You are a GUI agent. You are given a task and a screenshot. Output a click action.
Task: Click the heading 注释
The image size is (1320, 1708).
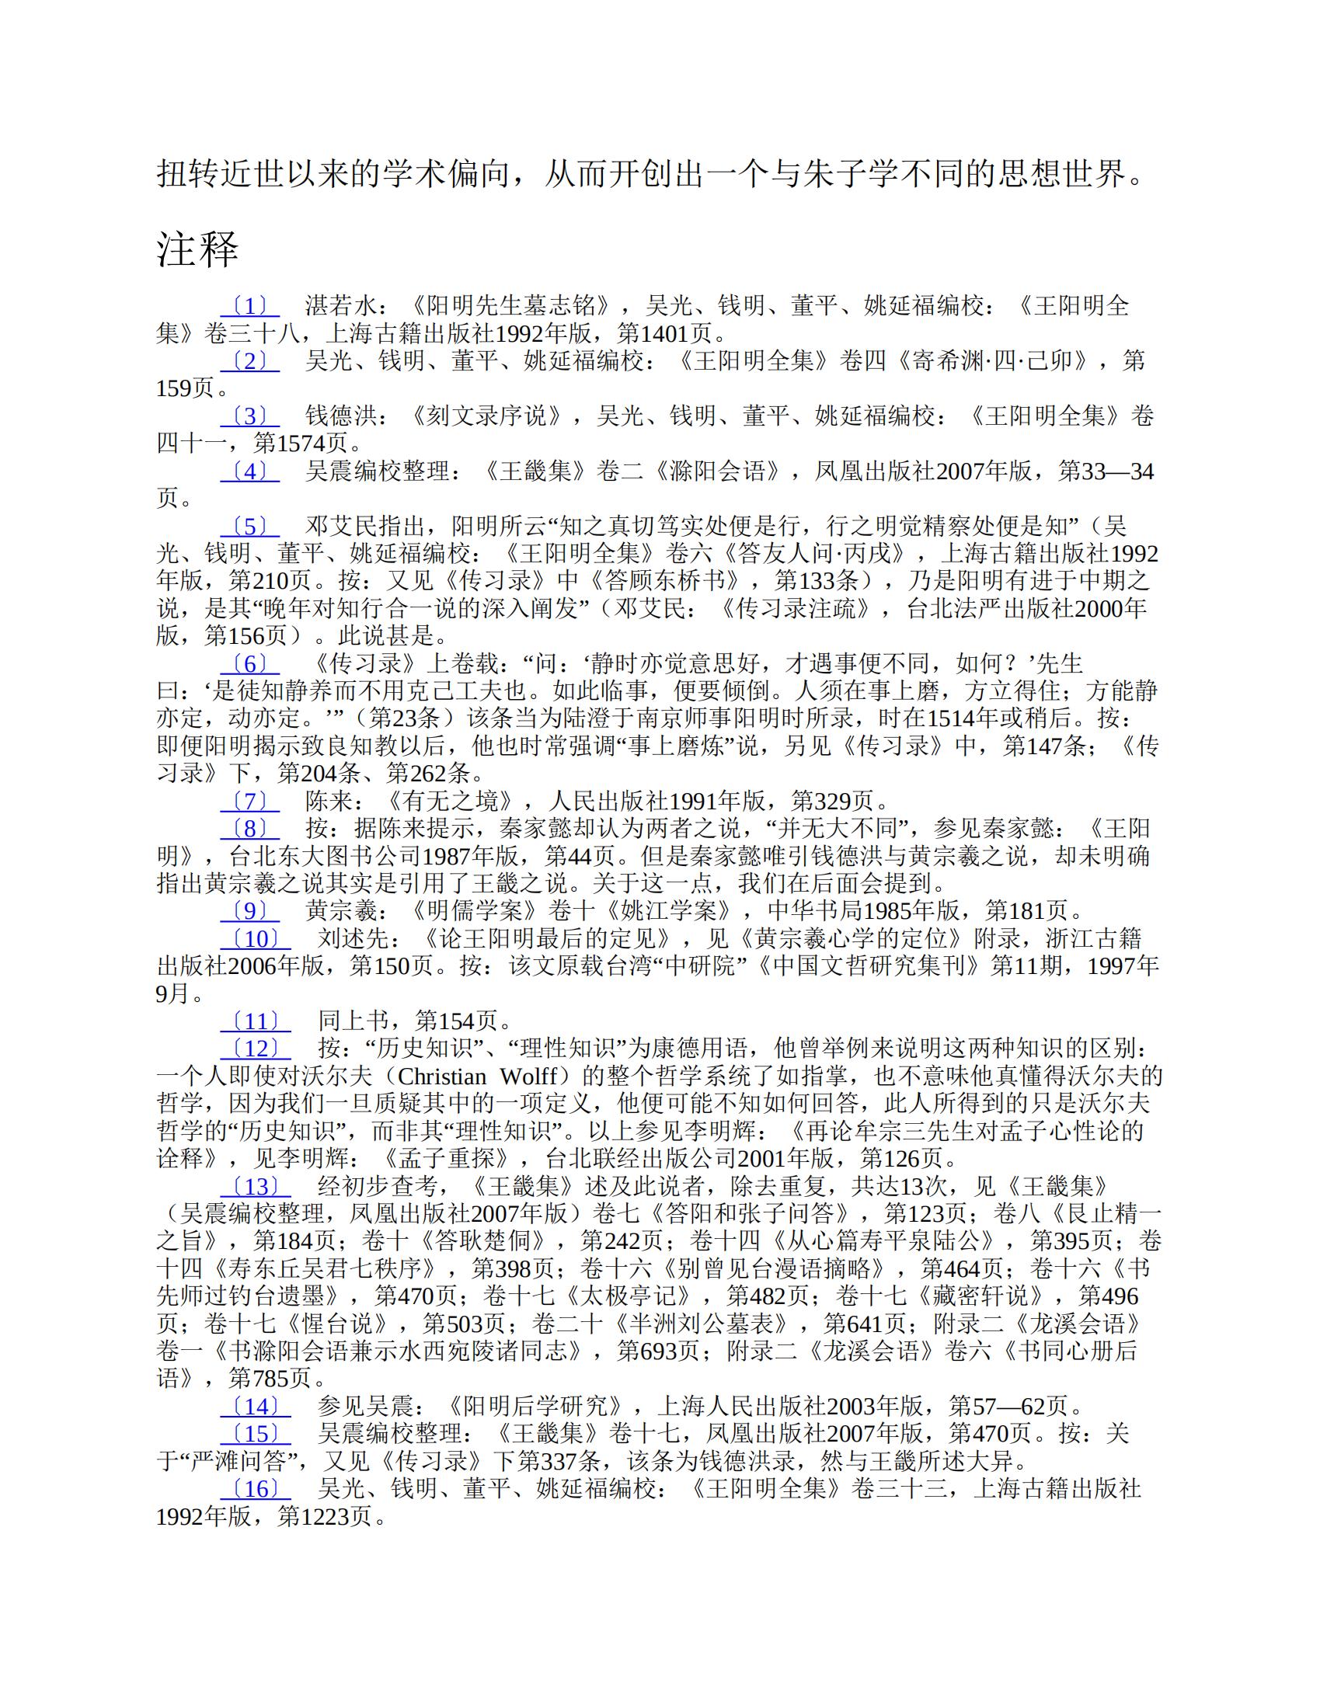click(x=197, y=249)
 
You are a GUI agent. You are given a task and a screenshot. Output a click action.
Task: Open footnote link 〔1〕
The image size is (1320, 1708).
click(x=249, y=306)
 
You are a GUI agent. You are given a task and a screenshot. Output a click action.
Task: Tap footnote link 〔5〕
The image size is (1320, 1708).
click(x=249, y=527)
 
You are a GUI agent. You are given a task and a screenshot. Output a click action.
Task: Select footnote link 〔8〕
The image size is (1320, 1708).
click(x=249, y=828)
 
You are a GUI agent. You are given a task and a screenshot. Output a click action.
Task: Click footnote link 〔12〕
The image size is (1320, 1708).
click(x=255, y=1049)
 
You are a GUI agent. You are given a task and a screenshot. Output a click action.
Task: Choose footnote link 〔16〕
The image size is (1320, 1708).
click(x=255, y=1488)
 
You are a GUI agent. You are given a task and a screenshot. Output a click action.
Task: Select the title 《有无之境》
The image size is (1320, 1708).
click(x=457, y=801)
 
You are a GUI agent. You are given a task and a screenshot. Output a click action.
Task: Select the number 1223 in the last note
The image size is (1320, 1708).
click(x=324, y=1516)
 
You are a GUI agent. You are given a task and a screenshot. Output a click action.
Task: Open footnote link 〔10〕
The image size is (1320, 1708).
click(x=255, y=938)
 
